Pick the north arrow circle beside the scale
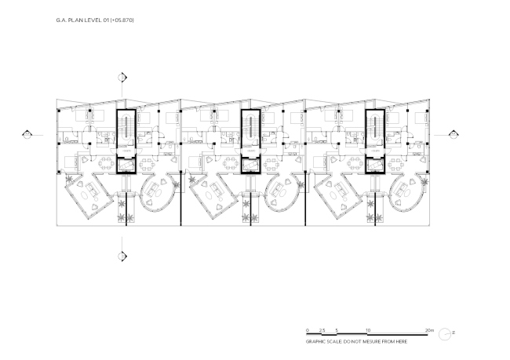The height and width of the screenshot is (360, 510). tap(444, 333)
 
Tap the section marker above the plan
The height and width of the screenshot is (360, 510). tap(122, 77)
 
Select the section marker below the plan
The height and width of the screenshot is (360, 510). tap(122, 255)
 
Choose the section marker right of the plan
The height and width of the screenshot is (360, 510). tap(450, 133)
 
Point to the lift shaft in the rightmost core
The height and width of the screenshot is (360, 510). tap(375, 165)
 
